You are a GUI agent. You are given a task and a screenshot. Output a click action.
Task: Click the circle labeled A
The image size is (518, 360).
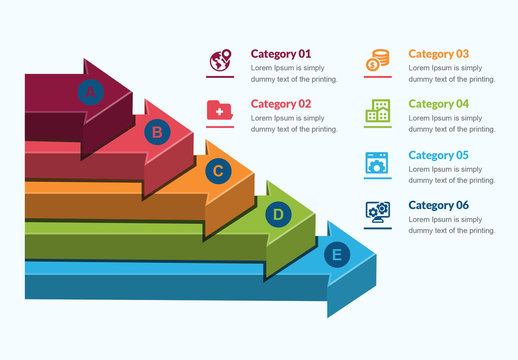(x=91, y=92)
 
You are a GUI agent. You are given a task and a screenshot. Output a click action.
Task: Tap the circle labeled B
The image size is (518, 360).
(x=156, y=131)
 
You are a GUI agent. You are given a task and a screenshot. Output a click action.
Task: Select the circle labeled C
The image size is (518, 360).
(x=218, y=172)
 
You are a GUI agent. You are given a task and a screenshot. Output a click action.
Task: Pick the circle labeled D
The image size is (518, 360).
(x=278, y=213)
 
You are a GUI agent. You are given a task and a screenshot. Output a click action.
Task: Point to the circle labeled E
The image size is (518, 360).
(x=336, y=255)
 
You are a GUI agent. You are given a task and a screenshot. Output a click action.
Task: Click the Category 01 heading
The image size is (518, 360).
(x=281, y=54)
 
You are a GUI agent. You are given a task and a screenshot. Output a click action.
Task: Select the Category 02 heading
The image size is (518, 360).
(x=281, y=104)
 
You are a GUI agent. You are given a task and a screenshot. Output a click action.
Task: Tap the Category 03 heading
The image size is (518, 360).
(x=438, y=54)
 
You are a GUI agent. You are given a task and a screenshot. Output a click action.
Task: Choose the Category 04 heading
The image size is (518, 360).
(x=438, y=104)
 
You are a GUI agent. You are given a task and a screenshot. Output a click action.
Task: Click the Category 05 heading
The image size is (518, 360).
(x=438, y=155)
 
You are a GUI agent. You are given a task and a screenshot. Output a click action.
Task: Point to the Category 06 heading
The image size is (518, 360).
(x=438, y=205)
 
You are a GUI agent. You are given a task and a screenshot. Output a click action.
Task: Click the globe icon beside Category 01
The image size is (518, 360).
(x=220, y=61)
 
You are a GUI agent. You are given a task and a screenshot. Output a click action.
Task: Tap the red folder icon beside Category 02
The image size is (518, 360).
(x=219, y=110)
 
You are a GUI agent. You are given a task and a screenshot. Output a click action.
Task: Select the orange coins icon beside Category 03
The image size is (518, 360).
(x=377, y=61)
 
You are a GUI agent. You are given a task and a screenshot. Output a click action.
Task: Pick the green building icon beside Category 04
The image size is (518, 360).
(x=377, y=110)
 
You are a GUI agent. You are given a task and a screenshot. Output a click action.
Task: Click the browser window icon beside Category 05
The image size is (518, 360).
(x=377, y=162)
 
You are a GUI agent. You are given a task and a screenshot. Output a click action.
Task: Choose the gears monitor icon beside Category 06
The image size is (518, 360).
(x=377, y=212)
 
